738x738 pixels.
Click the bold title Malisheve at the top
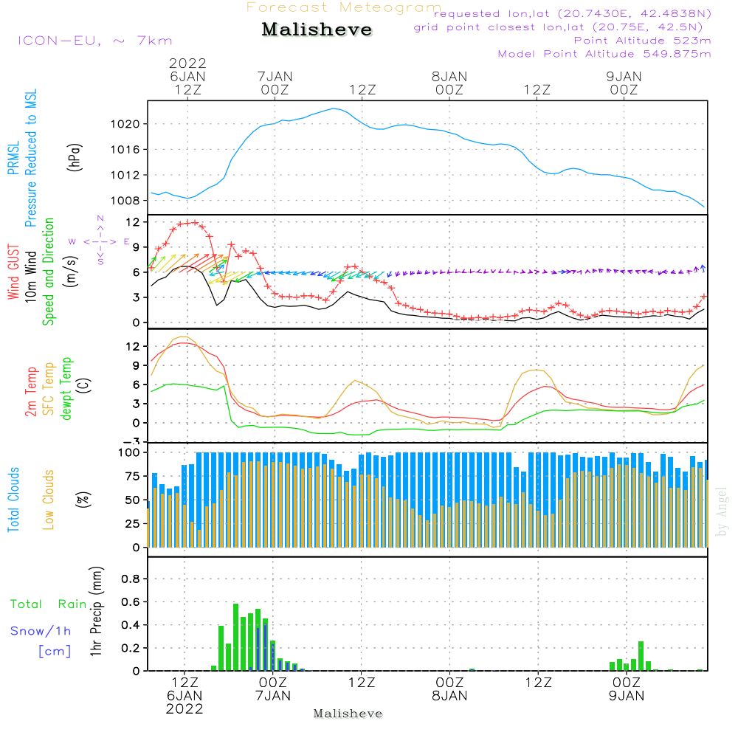point(317,30)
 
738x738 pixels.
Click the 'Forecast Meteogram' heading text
point(344,7)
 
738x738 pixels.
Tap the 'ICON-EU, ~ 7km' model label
point(94,41)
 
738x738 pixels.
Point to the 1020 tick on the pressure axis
point(130,124)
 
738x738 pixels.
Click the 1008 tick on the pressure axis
point(130,200)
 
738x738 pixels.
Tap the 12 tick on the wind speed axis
point(134,222)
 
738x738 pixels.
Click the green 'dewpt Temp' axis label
point(66,389)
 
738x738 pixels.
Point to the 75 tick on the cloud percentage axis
point(134,476)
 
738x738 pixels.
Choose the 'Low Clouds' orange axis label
point(49,499)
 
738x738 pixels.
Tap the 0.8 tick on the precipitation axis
point(131,579)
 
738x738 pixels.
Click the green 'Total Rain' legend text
point(49,604)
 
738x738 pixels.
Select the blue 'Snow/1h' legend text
point(41,631)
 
